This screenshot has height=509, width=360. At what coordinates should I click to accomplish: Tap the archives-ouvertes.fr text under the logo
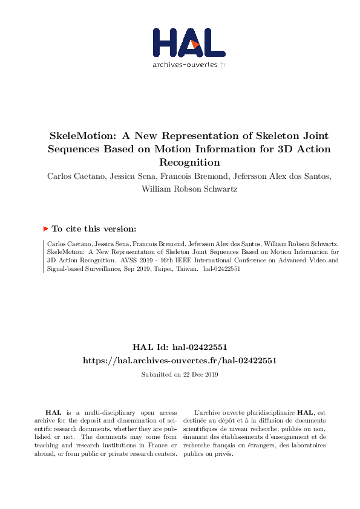pyautogui.click(x=189, y=65)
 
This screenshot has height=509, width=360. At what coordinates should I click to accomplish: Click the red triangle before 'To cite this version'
pyautogui.click(x=45, y=229)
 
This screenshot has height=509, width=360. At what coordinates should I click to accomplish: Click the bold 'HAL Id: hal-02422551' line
pyautogui.click(x=180, y=348)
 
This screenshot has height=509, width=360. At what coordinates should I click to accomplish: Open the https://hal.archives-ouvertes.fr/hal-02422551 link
pyautogui.click(x=180, y=360)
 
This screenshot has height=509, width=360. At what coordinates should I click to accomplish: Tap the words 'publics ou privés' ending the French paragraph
pyautogui.click(x=211, y=453)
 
